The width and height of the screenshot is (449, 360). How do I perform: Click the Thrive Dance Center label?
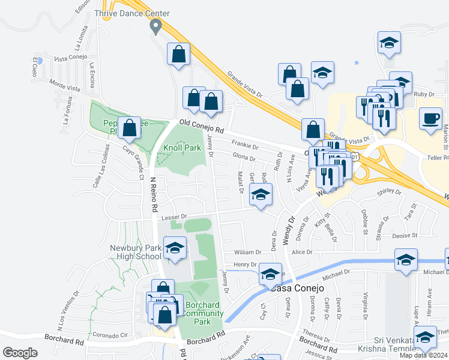click(132, 13)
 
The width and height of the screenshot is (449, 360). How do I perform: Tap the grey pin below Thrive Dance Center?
click(156, 26)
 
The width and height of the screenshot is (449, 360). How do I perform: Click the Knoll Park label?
click(182, 147)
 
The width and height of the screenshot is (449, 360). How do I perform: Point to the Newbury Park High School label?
click(136, 252)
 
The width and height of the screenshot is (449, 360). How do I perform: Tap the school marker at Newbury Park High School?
click(175, 248)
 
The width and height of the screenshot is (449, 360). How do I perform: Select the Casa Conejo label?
click(298, 288)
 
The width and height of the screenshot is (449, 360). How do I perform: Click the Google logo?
click(20, 352)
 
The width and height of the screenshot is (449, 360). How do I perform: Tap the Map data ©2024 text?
click(423, 355)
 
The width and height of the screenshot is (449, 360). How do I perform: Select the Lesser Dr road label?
click(175, 216)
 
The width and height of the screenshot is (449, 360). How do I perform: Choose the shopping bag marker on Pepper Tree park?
click(129, 127)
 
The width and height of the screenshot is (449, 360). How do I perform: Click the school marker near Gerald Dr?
click(261, 194)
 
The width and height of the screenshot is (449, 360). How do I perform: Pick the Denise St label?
click(405, 236)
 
